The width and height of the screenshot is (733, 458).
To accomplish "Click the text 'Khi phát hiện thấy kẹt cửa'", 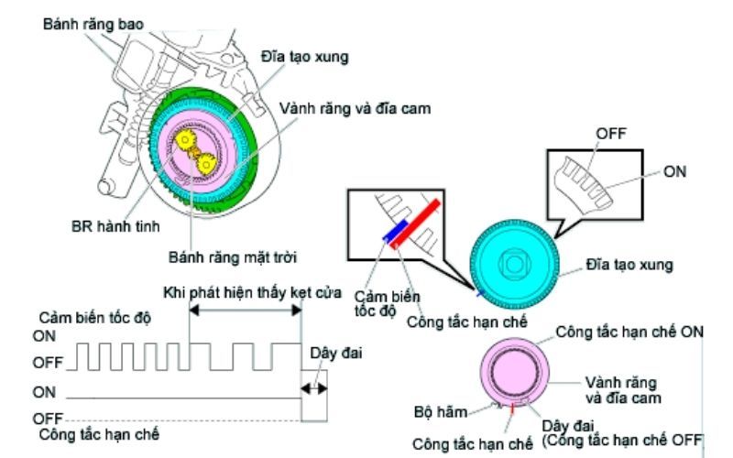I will [x=245, y=294].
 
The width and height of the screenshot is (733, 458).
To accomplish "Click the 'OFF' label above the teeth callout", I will [x=611, y=133].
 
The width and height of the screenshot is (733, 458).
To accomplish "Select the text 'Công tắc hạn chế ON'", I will [x=630, y=333].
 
